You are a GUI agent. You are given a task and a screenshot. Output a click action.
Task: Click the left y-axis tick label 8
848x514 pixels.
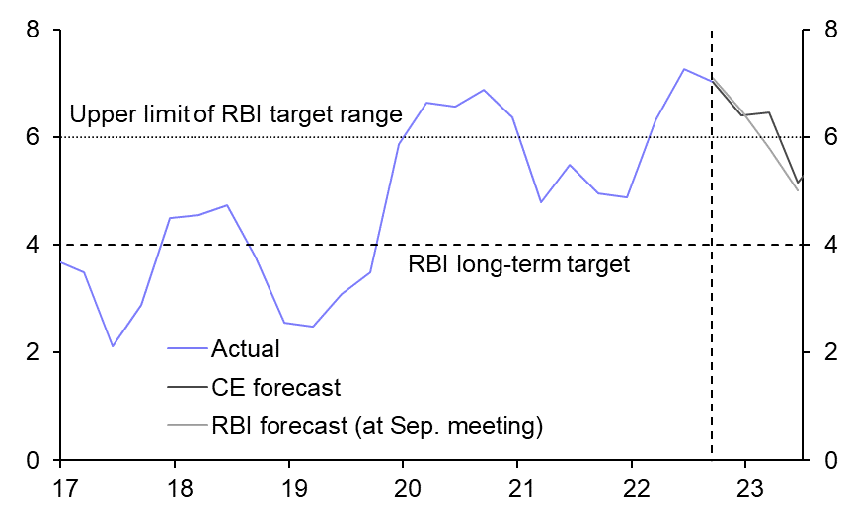coord(33,31)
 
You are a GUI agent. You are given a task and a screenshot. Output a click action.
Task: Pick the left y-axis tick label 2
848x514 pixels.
coord(33,353)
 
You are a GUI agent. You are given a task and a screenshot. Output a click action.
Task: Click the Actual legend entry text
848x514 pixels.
coord(246,348)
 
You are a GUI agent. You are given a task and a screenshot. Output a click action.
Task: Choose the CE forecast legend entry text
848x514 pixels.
coord(275,388)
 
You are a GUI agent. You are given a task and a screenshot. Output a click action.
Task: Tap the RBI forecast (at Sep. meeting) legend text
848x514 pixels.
coord(378,426)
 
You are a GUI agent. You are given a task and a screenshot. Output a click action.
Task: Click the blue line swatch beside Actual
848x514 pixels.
coord(188,348)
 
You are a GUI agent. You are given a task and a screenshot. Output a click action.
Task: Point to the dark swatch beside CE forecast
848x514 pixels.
coord(188,388)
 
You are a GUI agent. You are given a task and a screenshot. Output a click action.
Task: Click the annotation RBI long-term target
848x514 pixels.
coord(518,264)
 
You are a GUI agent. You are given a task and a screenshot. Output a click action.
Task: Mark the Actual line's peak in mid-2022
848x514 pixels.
coord(684,69)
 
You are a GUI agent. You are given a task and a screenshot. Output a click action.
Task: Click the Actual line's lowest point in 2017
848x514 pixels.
coord(113,346)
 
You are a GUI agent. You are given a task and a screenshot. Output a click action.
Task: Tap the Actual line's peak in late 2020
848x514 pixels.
coord(484,90)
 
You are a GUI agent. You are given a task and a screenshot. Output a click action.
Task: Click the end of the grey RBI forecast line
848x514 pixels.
coord(798,190)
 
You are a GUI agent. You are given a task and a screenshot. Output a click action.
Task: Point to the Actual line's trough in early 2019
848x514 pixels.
coord(312,327)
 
